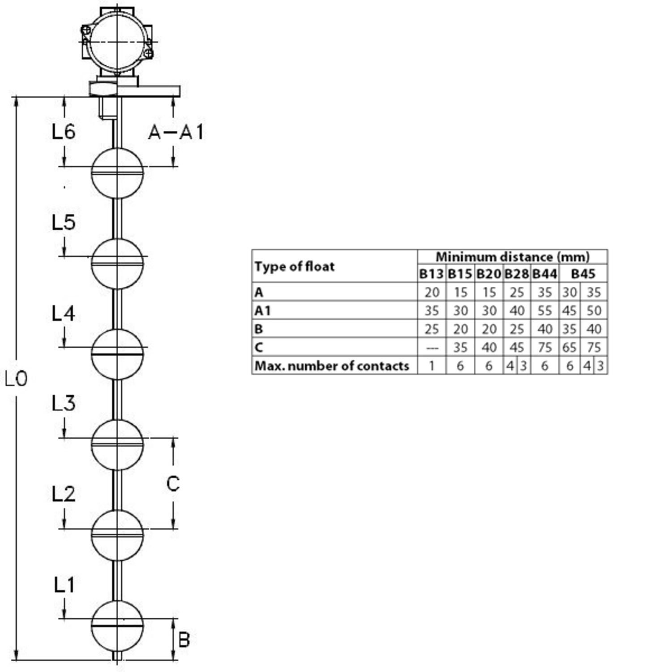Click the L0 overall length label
coord(16,379)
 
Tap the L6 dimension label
coord(64,132)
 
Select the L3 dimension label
coord(64,403)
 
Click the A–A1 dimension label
coord(176,132)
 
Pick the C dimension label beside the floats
coord(173,484)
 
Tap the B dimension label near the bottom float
coord(184,640)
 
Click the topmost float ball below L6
coord(117,173)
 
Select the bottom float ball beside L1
coord(117,626)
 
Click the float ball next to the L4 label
coord(117,354)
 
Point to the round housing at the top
coord(117,42)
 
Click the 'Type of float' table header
coord(295,267)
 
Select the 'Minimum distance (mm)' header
coord(512,257)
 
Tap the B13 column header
coord(431,273)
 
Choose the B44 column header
coord(545,273)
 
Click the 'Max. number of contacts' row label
coord(332,366)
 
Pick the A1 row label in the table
coord(263,310)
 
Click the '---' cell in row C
coord(431,348)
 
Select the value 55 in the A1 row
coord(545,310)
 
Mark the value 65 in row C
coord(569,348)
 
